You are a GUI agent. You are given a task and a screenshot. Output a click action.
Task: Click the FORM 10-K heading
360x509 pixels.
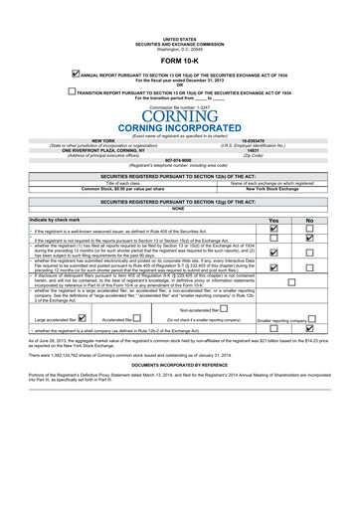pos(180,61)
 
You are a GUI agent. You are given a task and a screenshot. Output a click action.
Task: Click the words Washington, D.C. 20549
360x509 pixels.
pos(180,49)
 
